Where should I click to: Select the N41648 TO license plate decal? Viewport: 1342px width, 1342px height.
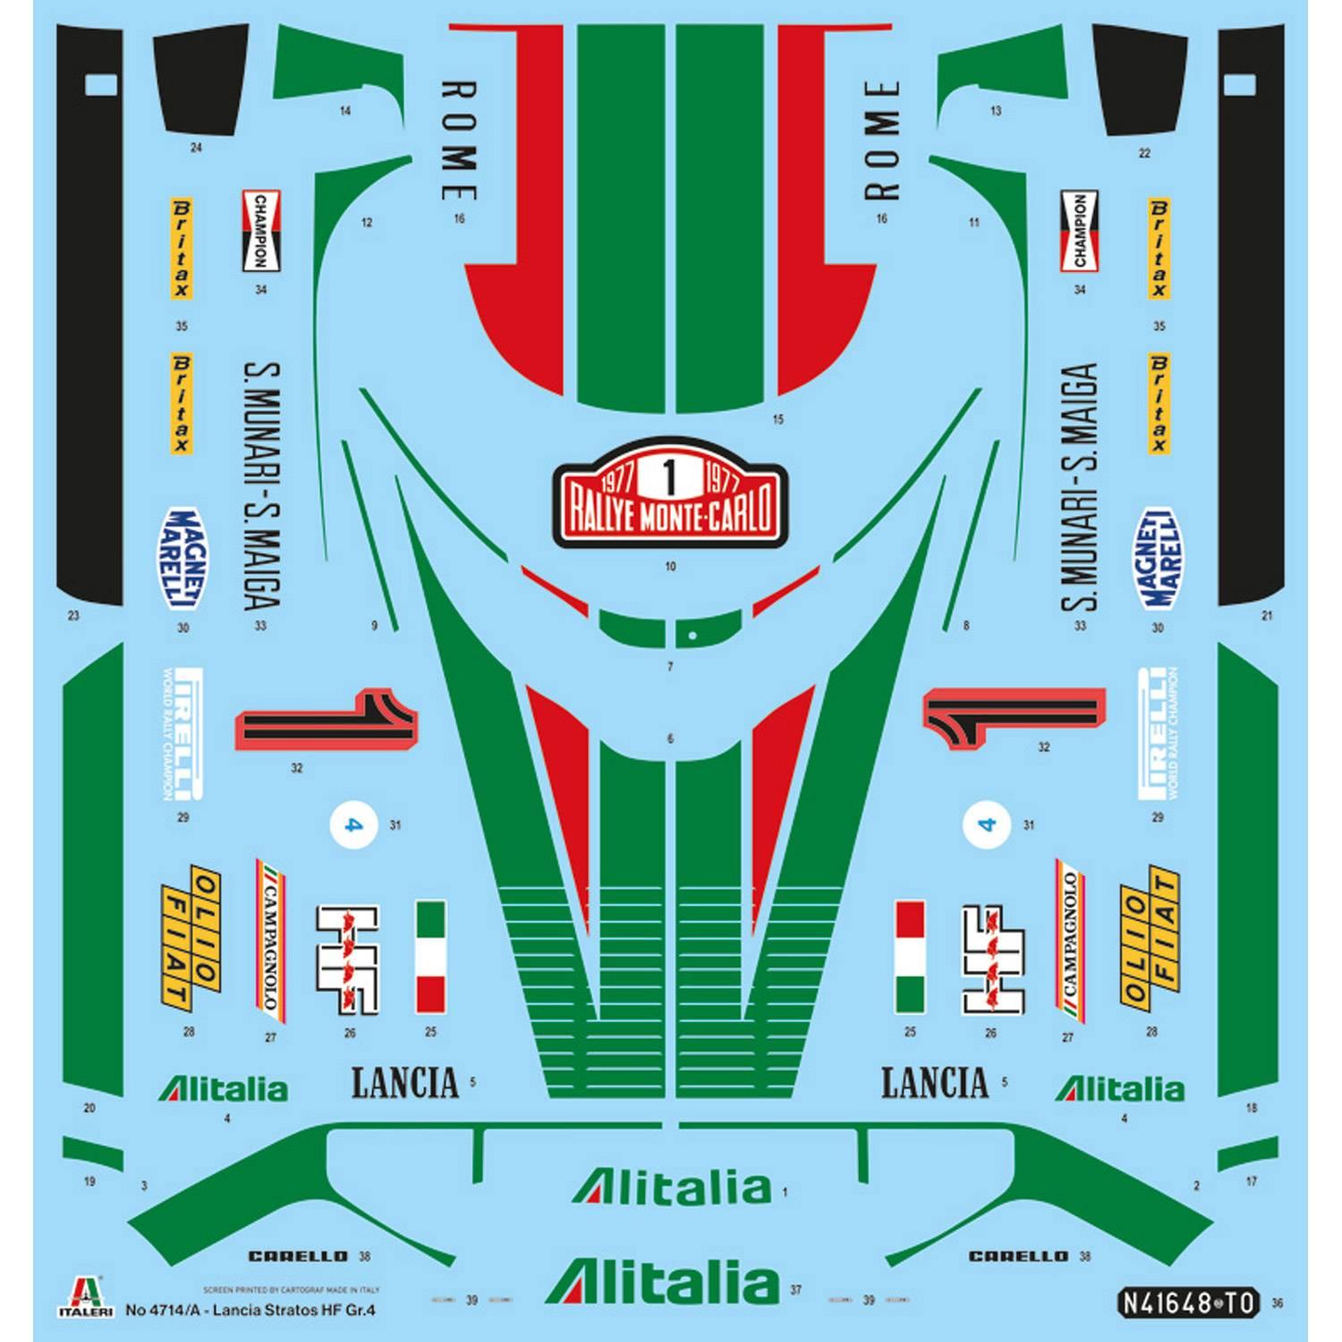(1189, 1302)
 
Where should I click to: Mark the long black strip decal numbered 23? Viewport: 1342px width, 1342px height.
(89, 313)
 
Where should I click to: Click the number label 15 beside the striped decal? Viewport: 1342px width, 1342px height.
(777, 419)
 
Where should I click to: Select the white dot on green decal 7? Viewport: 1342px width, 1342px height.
(692, 636)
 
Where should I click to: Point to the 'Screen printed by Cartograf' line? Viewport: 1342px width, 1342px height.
(292, 1290)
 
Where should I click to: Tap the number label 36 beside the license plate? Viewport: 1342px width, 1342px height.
(1277, 1304)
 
